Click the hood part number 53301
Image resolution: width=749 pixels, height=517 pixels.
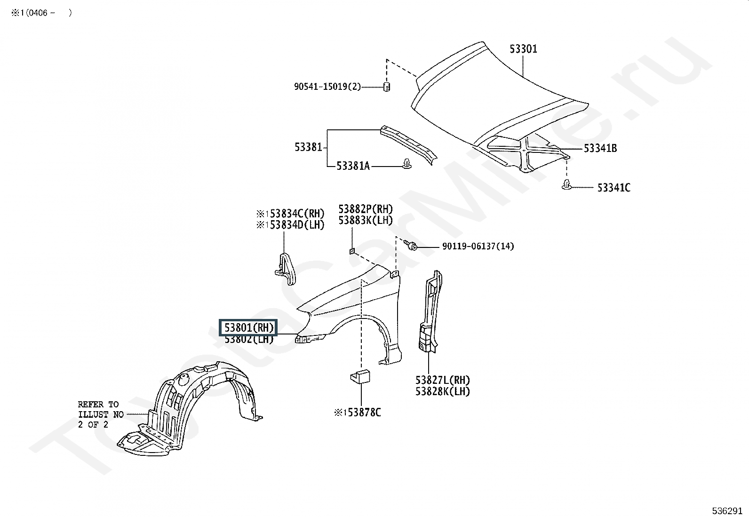523,49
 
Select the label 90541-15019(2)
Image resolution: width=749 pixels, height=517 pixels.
327,87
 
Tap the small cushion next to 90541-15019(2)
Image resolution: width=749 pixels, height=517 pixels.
387,87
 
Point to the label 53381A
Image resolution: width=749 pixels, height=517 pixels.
353,166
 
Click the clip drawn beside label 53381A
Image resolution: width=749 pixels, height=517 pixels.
407,164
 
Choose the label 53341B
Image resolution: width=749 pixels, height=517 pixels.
600,148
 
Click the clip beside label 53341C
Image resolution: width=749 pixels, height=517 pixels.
566,184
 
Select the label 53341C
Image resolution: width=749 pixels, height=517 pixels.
614,188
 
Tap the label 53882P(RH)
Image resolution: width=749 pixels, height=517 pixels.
366,209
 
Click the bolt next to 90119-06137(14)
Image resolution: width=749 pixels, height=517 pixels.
410,245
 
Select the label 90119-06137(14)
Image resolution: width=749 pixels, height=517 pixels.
478,246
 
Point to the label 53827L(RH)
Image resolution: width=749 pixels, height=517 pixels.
443,380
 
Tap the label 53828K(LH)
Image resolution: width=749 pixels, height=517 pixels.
443,391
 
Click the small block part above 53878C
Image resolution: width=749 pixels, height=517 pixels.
360,377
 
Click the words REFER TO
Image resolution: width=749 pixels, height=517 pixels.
98,404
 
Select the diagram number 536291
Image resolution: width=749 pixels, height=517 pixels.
727,510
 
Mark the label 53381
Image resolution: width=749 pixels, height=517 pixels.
308,147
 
